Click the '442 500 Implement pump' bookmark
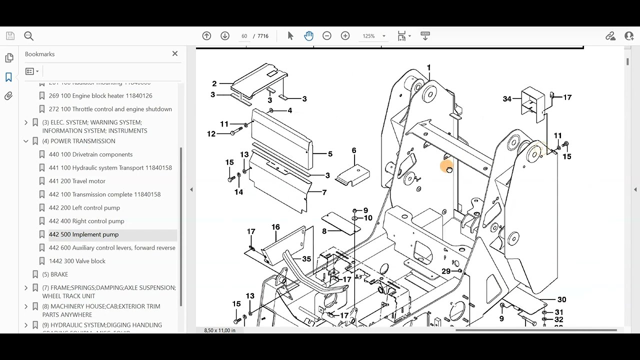coord(83,234)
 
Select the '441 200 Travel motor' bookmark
coord(77,181)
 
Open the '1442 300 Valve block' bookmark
coord(77,261)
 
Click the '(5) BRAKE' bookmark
coord(55,274)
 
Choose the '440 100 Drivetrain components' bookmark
coord(90,154)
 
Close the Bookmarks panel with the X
coord(175,53)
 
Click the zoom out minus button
coord(327,36)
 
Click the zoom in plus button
coord(345,36)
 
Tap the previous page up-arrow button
coord(206,36)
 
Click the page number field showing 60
coord(244,36)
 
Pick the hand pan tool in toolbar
coord(308,36)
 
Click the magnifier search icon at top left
coord(28,36)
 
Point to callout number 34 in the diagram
coord(507,99)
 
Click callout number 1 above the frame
coord(428,67)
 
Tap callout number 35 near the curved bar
coord(306,259)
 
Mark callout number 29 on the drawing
coord(446,271)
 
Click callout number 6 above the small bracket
coord(354,150)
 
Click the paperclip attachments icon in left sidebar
coord(8,96)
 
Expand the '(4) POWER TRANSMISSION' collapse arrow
coord(26,141)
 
